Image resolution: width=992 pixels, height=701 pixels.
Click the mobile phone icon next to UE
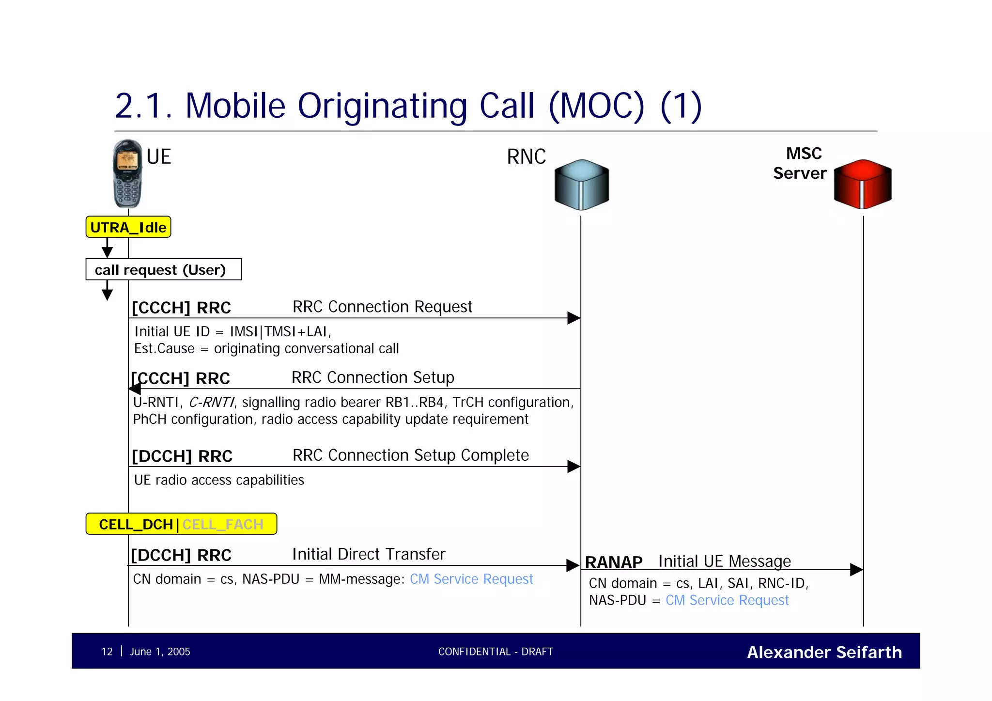[x=127, y=173]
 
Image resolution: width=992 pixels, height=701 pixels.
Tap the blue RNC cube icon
[x=581, y=185]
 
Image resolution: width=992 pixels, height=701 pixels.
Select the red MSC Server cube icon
[x=862, y=184]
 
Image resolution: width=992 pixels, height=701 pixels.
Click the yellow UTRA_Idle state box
[x=128, y=227]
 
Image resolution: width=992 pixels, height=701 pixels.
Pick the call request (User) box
[x=163, y=269]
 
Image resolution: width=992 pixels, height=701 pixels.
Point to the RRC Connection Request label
[x=382, y=307]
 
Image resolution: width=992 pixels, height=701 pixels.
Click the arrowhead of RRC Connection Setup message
[x=135, y=389]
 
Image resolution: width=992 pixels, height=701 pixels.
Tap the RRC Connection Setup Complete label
[x=410, y=455]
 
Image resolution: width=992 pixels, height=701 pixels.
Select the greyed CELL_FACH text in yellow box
[x=223, y=524]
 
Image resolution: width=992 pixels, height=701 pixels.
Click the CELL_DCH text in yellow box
[x=136, y=524]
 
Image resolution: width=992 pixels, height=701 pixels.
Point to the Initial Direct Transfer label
[x=369, y=554]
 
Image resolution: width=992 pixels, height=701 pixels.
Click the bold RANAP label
[x=613, y=562]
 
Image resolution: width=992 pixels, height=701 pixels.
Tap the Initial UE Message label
[x=724, y=561]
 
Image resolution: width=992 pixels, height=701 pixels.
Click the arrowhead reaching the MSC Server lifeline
[x=856, y=570]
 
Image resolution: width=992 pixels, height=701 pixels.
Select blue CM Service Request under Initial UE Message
[x=727, y=600]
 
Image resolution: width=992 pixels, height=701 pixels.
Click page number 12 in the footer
[x=107, y=652]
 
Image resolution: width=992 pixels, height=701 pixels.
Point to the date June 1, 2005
[x=160, y=652]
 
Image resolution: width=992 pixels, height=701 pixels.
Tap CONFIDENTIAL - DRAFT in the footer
[x=496, y=652]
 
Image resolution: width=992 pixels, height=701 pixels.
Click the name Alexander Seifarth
[x=824, y=652]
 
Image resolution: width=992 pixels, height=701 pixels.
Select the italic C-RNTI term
[x=211, y=403]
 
